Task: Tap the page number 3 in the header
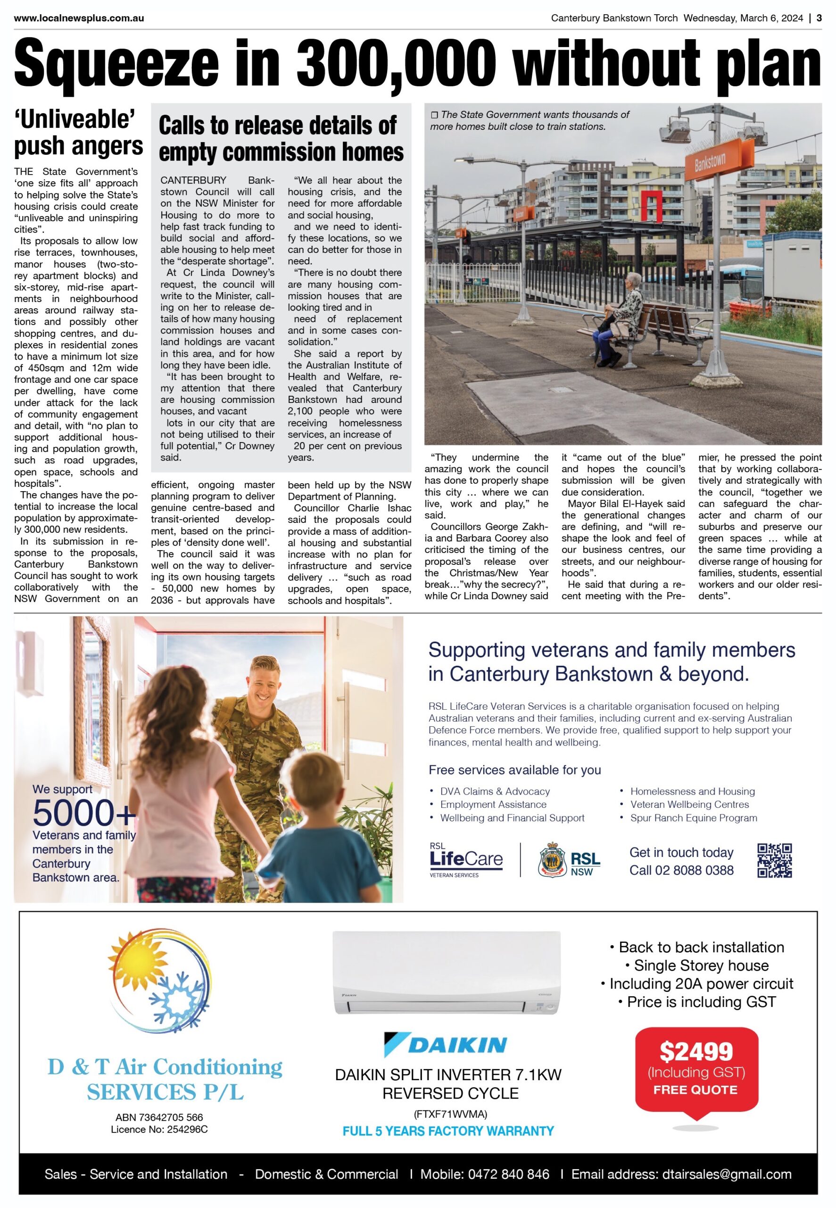[x=819, y=18]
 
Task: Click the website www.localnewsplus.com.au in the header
[x=79, y=18]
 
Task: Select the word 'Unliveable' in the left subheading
[x=75, y=119]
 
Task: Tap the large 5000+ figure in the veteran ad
[x=84, y=813]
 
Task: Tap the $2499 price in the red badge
[x=696, y=1052]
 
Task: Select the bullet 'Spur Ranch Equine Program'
[x=694, y=818]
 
